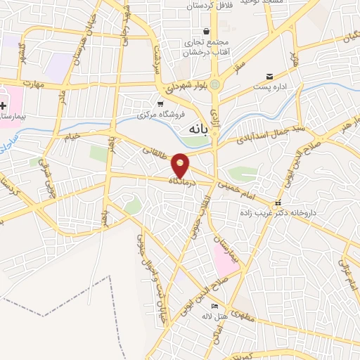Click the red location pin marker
coord(181,165)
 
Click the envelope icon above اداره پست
coord(269,77)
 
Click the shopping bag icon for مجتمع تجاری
coord(206,31)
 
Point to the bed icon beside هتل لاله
coord(214,306)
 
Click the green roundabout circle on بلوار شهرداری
coord(214,86)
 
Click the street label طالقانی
coord(155,150)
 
